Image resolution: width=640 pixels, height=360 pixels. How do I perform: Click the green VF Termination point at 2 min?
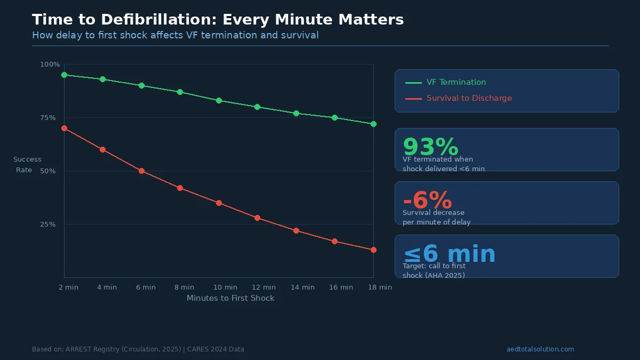click(64, 75)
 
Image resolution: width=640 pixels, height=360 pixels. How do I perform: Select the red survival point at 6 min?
click(141, 171)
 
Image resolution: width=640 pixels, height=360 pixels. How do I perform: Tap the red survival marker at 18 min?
click(373, 250)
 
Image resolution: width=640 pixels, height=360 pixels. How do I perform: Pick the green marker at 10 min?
click(219, 100)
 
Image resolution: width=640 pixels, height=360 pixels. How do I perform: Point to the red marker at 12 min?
click(257, 218)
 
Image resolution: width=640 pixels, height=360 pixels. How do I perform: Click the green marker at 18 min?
click(373, 124)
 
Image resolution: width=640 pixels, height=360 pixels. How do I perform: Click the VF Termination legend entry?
click(456, 82)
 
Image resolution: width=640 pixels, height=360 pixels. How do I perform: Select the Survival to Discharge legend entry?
click(469, 98)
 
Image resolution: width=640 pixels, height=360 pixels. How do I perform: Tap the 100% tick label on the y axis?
click(50, 65)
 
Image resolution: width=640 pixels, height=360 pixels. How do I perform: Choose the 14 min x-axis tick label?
click(302, 287)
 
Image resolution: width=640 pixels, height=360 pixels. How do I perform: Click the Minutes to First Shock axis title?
click(230, 298)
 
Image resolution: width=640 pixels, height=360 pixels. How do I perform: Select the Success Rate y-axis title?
click(27, 165)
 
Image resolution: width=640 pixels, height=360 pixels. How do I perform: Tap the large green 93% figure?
click(430, 147)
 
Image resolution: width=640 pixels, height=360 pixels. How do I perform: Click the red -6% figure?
click(427, 201)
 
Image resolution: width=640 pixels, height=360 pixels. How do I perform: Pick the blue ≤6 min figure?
click(449, 254)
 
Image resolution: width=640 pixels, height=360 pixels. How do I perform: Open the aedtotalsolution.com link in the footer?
click(540, 349)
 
